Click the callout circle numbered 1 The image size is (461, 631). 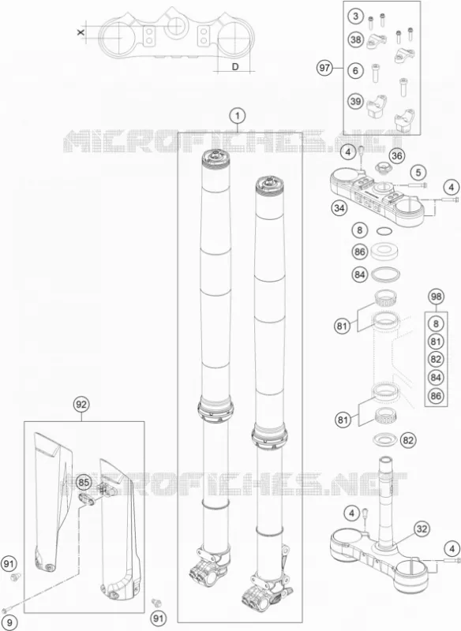238,116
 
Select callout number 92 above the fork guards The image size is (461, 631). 81,405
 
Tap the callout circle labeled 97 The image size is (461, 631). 324,68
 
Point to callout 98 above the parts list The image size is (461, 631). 436,297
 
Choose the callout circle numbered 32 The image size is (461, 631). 422,528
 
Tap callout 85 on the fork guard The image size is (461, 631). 84,482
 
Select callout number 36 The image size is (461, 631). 397,155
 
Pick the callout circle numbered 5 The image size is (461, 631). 418,173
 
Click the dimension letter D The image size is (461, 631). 235,67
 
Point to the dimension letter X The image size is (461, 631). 81,32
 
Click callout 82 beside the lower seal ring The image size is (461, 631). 408,440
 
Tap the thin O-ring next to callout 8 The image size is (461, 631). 384,231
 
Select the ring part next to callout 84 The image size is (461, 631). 385,275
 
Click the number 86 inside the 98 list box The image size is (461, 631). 436,396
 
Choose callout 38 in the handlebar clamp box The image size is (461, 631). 355,39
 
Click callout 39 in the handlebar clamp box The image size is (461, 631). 355,101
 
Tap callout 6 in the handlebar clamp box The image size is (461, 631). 355,71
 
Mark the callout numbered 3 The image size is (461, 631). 355,17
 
